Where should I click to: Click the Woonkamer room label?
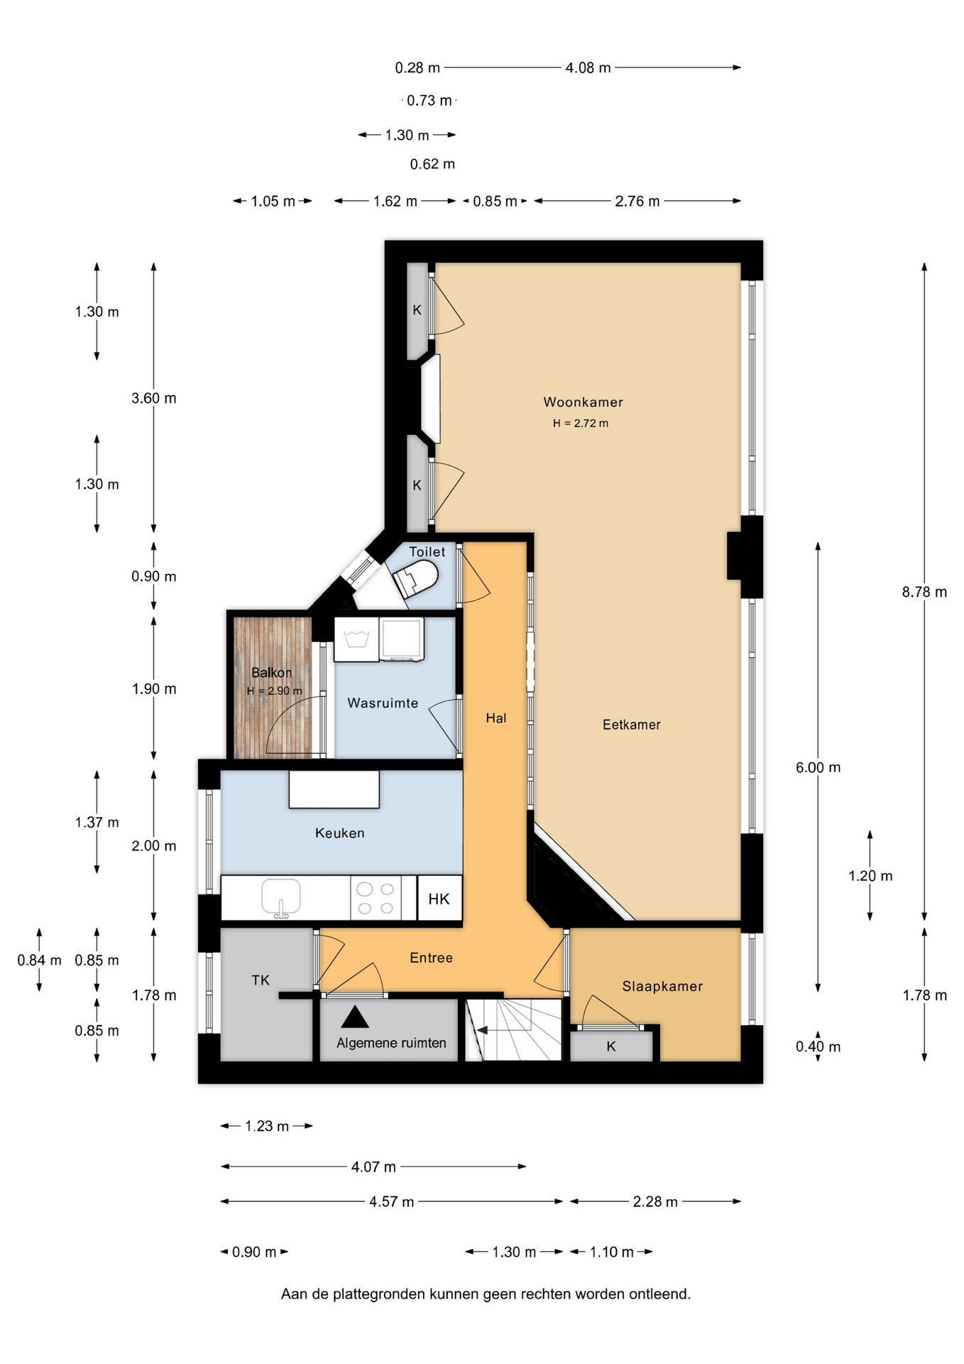583,402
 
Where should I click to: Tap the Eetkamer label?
631,725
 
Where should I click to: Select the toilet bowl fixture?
416,579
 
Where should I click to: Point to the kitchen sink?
281,898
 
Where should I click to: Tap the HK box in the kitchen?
439,899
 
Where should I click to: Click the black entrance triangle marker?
355,1017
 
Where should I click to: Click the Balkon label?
271,673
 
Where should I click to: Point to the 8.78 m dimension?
924,592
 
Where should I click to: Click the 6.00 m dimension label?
818,767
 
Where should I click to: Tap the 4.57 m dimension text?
391,1202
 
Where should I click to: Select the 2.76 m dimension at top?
637,201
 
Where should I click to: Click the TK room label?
261,980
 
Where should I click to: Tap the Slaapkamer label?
662,986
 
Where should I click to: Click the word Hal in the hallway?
496,718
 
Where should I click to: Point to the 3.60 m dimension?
154,399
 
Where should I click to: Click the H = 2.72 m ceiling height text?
581,423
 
